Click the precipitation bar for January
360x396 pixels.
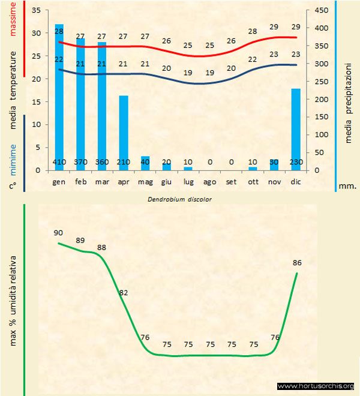[59, 96]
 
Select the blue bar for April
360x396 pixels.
[123, 132]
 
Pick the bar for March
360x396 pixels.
[102, 105]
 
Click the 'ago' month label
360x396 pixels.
[209, 181]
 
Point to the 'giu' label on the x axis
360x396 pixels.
[167, 181]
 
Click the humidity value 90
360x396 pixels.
[59, 232]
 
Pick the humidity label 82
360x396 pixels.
[124, 292]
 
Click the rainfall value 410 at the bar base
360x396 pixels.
[59, 162]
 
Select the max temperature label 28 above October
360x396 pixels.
[253, 31]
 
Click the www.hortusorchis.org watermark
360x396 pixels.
[316, 386]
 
